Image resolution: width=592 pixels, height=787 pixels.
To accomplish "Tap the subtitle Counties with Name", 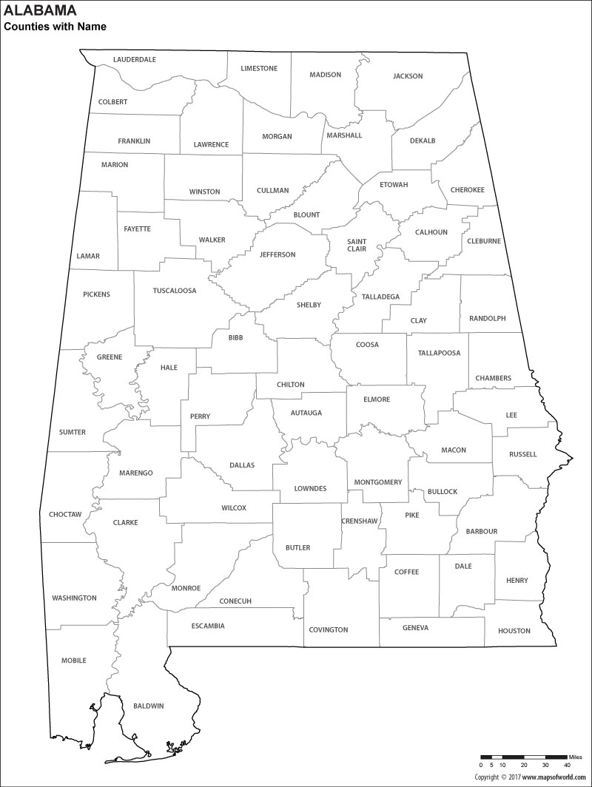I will [x=55, y=27].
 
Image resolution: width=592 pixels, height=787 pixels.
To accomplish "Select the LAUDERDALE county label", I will [x=135, y=59].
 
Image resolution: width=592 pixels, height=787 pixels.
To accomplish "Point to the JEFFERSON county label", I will [x=277, y=254].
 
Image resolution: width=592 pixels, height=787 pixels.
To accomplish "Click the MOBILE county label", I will [x=74, y=661].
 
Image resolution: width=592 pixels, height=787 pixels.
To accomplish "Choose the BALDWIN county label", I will [x=149, y=706].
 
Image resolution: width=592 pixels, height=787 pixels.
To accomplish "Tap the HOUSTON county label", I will [x=514, y=631].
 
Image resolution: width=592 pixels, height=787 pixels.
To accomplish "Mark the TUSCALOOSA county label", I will [x=175, y=291].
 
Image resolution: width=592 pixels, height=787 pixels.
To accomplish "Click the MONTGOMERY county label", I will [x=378, y=482].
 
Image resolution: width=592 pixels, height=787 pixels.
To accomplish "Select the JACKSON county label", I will [x=408, y=76].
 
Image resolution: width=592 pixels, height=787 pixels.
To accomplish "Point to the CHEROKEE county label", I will [x=468, y=190].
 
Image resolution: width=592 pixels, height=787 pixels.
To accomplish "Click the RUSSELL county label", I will [x=523, y=454].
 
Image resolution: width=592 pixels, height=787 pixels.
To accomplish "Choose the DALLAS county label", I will [x=242, y=465].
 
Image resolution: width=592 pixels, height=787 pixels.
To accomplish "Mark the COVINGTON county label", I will [x=328, y=629].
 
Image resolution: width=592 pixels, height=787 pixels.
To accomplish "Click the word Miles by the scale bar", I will [x=576, y=757].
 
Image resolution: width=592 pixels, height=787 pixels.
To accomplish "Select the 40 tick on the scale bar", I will [x=567, y=765].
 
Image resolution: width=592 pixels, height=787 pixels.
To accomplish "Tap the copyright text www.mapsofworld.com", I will [x=556, y=777].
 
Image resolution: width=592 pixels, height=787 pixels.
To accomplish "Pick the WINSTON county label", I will [x=204, y=192].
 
